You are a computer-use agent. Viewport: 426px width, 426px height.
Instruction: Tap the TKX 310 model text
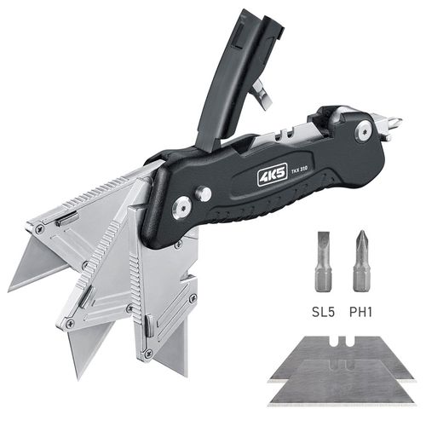299,170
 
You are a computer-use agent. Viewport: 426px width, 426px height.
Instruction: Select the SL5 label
324,312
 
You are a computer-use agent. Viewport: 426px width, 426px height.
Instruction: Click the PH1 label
360,312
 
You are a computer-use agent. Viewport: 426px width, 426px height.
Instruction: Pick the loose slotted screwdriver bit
323,262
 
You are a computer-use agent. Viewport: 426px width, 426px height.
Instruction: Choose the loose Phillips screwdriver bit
361,261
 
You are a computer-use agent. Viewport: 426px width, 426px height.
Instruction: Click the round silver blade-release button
204,193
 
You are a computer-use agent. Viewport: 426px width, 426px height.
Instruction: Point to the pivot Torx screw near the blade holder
181,208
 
